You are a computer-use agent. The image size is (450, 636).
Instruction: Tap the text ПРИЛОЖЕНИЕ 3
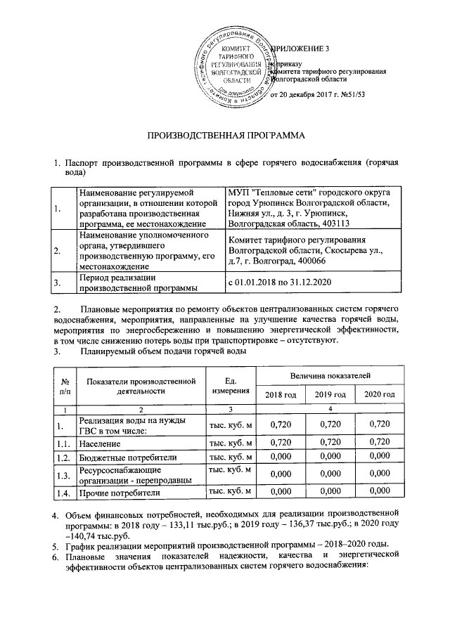point(302,48)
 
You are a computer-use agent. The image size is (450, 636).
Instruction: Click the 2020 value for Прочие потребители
point(379,491)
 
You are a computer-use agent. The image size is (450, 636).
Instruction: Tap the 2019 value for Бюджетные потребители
point(330,457)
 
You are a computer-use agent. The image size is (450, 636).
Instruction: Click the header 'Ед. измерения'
point(231,385)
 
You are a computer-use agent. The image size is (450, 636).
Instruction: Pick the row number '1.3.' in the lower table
point(64,475)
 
